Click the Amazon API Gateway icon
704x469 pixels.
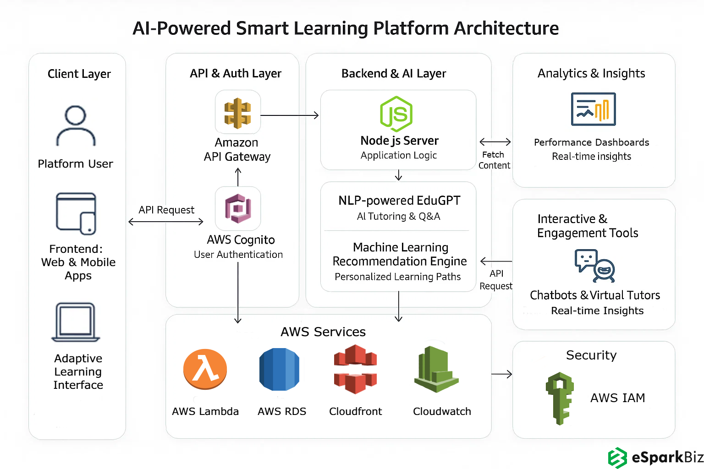pos(237,113)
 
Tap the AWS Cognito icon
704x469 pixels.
pos(238,208)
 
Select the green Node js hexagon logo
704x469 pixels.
pos(396,114)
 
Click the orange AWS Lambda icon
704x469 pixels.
pos(205,369)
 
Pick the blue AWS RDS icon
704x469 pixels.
pos(279,369)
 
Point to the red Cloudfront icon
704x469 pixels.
pos(355,369)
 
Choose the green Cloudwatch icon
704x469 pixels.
pos(436,369)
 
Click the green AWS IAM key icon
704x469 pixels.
pos(560,398)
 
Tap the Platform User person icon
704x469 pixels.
pos(76,125)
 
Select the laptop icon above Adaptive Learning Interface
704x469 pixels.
pos(76,322)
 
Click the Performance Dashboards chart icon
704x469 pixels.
pos(593,109)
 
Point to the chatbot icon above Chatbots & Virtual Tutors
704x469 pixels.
pos(594,266)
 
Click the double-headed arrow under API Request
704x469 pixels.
pos(166,222)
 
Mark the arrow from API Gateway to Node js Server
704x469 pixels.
pos(290,115)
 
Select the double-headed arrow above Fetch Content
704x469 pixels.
pos(495,142)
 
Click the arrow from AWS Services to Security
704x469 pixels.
pos(501,375)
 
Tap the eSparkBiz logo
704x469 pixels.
pos(655,457)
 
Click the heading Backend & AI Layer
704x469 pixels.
pos(394,73)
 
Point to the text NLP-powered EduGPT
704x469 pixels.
pos(399,201)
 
